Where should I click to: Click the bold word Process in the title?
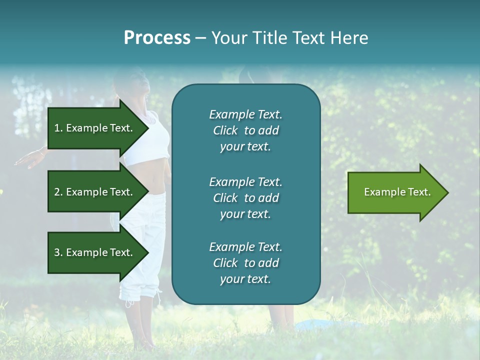click(157, 38)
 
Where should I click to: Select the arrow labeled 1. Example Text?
click(95, 128)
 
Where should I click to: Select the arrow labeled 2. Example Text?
click(95, 192)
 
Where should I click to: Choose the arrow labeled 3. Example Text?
click(95, 252)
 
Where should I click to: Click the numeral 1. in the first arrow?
click(58, 128)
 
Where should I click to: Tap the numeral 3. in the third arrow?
click(58, 252)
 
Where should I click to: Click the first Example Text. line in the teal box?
click(245, 114)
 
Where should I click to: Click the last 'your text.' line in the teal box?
click(245, 279)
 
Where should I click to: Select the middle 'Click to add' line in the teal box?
click(245, 198)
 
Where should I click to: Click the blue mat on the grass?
click(320, 325)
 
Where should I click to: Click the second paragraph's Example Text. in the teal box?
click(245, 182)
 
